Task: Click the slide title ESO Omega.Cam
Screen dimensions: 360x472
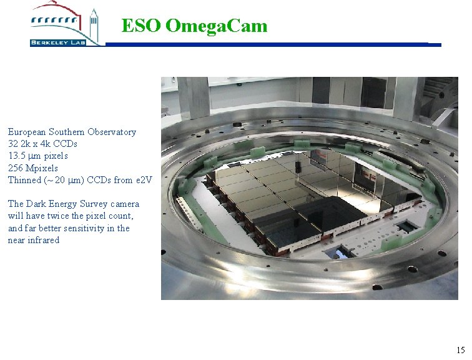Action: click(194, 26)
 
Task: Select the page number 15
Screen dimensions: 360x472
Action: click(460, 350)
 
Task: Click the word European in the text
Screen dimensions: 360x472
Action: click(26, 132)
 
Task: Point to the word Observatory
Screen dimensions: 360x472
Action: click(112, 132)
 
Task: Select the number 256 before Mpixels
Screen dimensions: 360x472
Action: click(15, 168)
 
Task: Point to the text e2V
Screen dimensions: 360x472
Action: click(144, 180)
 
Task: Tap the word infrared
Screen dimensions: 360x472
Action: click(43, 240)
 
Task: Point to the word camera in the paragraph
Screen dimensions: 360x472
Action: click(125, 204)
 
